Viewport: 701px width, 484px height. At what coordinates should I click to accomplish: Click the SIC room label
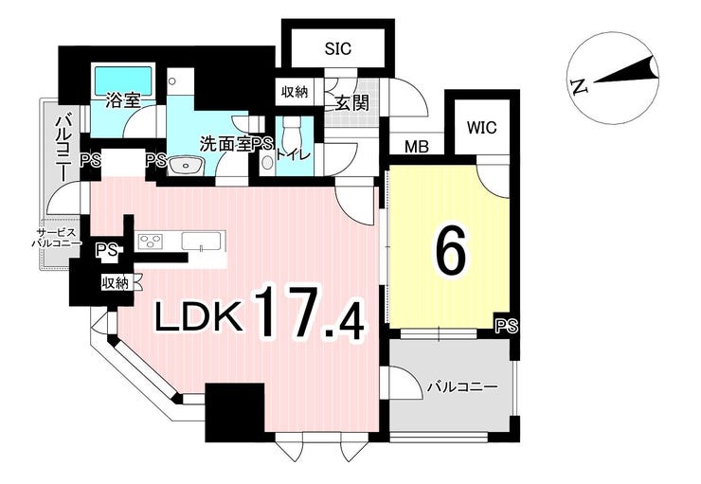(338, 48)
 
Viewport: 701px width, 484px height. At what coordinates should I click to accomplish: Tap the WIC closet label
(482, 128)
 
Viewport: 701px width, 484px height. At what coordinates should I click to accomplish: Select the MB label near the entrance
(417, 146)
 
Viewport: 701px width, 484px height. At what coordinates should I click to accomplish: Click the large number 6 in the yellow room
(451, 251)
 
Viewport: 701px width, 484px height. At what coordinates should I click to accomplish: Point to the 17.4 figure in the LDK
(311, 312)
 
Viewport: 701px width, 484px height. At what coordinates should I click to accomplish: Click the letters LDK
(200, 316)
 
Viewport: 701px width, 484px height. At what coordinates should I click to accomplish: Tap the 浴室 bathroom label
(122, 101)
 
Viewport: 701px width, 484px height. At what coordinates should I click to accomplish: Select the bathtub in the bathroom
(122, 80)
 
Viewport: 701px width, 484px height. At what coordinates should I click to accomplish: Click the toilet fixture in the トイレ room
(294, 130)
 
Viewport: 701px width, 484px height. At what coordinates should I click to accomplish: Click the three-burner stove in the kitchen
(152, 242)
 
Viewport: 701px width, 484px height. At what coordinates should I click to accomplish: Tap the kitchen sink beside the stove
(202, 242)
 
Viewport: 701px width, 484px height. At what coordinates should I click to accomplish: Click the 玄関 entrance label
(351, 103)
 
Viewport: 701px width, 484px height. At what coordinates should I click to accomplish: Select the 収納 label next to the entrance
(295, 92)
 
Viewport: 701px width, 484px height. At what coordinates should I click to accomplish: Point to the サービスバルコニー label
(56, 238)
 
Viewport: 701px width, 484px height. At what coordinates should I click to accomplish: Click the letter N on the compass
(579, 86)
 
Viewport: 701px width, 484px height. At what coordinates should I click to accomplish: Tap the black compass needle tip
(656, 58)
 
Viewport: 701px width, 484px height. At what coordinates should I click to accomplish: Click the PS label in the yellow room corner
(507, 325)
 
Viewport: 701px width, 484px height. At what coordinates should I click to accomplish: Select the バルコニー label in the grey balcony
(462, 386)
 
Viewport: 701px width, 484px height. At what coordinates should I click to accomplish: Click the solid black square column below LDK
(235, 413)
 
